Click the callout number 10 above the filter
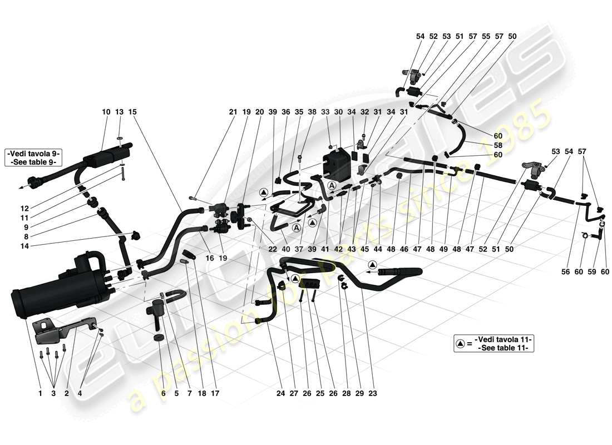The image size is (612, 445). click(x=106, y=112)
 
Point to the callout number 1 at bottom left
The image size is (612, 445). click(x=40, y=393)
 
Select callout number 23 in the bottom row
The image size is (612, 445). click(x=372, y=393)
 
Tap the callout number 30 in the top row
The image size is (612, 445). click(x=338, y=112)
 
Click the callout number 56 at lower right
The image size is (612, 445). click(x=565, y=272)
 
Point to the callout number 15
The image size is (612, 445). click(x=132, y=112)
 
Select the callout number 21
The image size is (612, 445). click(x=233, y=112)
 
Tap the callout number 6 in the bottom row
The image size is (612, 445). click(x=162, y=393)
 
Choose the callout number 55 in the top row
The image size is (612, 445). click(x=486, y=36)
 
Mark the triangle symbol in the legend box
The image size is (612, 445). click(x=461, y=344)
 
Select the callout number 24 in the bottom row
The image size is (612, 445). click(x=280, y=393)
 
